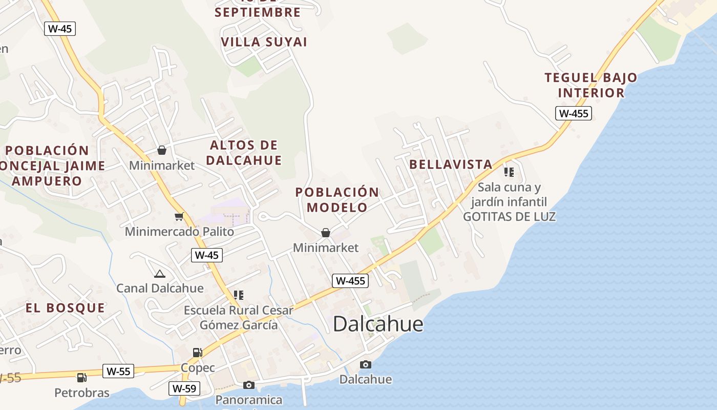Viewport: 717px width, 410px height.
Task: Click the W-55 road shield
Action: [118, 371]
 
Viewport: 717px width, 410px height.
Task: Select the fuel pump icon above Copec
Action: [197, 352]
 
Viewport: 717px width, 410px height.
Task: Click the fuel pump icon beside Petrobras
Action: [81, 378]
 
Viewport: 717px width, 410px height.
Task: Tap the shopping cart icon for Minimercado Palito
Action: [179, 217]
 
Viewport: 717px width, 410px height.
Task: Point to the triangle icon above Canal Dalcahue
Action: [160, 274]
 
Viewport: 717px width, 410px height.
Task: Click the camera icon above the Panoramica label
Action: [249, 385]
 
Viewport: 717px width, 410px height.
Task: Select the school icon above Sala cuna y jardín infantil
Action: [509, 172]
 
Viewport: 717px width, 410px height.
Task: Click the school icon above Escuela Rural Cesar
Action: [238, 295]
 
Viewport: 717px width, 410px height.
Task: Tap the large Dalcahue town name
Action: [378, 324]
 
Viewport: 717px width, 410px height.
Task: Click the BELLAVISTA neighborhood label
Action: [451, 165]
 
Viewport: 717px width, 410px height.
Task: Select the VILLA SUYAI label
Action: [264, 42]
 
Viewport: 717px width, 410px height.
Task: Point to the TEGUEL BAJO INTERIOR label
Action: [591, 85]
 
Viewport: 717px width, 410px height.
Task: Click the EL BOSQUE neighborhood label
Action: [65, 308]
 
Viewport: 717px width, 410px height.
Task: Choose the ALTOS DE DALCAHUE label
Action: [244, 153]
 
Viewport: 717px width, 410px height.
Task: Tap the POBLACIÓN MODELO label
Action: [337, 200]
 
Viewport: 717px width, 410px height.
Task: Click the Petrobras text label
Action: [82, 393]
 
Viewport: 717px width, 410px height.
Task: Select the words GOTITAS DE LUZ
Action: [509, 217]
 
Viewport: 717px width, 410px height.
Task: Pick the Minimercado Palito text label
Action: [179, 232]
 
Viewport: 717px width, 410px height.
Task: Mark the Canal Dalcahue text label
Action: [160, 288]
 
